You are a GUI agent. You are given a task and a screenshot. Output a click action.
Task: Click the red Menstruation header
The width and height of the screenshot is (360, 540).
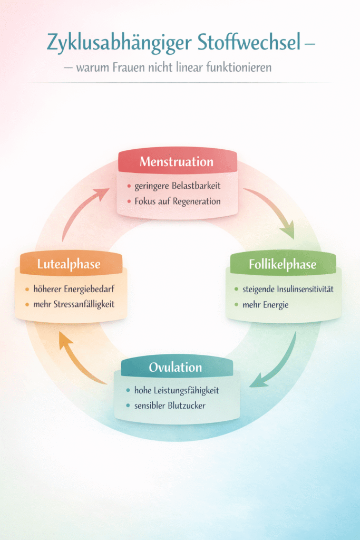point(177,162)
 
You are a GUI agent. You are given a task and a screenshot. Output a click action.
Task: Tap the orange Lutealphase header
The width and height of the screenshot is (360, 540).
point(69,264)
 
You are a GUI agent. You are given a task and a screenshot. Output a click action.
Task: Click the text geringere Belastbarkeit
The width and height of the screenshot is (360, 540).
point(177,186)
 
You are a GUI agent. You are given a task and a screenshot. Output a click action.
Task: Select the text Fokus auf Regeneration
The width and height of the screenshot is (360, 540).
point(177,201)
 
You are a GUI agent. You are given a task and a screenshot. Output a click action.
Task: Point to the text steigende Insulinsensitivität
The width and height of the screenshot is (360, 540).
point(288,290)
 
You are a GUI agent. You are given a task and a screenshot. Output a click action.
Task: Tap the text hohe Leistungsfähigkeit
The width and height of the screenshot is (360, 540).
point(176,391)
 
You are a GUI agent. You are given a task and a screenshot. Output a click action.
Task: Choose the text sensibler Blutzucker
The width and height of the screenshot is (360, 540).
point(170,406)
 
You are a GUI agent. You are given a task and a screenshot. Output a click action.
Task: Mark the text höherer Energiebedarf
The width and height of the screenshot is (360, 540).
point(72,289)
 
